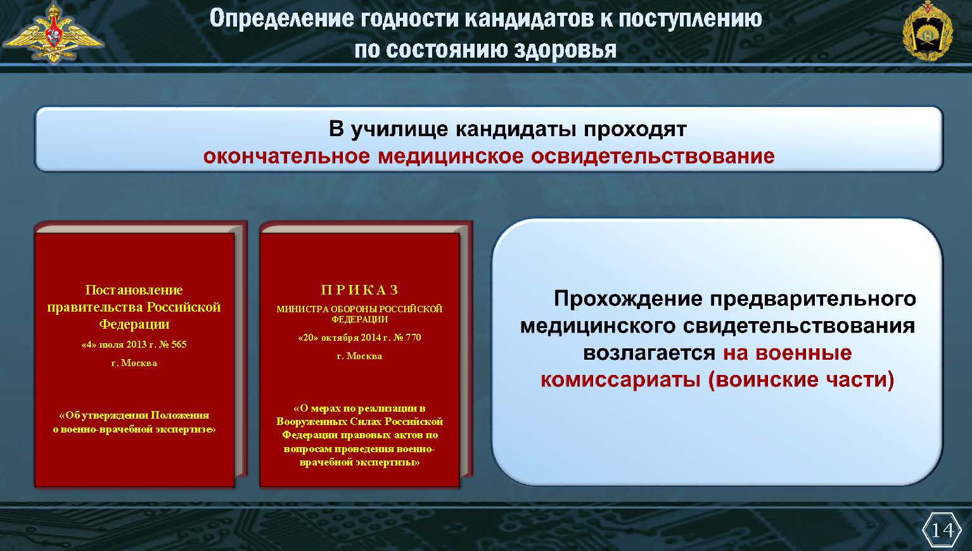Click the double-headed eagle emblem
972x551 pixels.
point(53,32)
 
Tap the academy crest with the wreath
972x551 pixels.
point(927,31)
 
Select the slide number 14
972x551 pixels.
point(942,529)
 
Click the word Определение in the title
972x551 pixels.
point(281,18)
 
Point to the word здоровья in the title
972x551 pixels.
point(565,49)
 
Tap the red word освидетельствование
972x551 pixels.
point(653,156)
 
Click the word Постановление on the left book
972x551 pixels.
point(134,290)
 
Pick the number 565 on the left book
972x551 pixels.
point(179,345)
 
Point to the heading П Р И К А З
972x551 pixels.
point(359,290)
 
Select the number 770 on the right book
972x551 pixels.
point(413,338)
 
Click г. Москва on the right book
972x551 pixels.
point(359,356)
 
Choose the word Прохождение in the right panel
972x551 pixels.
point(628,299)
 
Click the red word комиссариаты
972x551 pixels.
point(620,379)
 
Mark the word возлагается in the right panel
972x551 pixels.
point(649,353)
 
